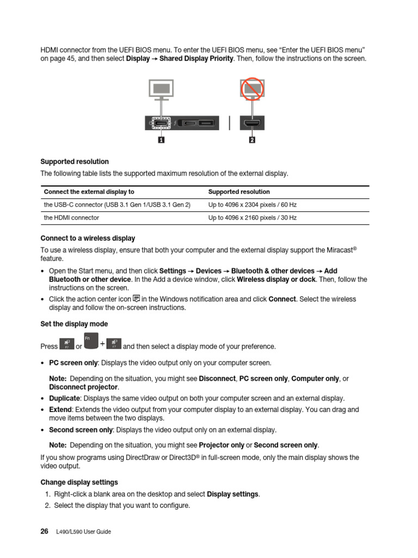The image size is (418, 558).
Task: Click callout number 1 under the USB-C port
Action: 162,140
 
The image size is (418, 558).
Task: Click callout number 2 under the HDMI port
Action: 251,140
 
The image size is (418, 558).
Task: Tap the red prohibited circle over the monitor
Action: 252,89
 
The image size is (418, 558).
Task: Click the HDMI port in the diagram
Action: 251,124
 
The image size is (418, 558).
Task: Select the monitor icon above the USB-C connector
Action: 161,89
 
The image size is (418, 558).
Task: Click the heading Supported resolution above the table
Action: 75,162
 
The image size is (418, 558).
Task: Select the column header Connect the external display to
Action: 89,192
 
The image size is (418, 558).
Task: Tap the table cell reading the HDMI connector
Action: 71,217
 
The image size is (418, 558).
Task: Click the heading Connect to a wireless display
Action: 88,238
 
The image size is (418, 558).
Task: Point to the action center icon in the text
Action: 136,299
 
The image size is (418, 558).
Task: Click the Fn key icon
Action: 91,342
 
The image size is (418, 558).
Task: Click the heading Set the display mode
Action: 74,324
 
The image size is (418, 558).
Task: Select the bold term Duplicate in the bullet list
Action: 64,398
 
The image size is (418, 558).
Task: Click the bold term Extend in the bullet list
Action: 60,409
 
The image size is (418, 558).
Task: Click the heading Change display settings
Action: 79,482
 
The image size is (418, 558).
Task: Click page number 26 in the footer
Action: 45,531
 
